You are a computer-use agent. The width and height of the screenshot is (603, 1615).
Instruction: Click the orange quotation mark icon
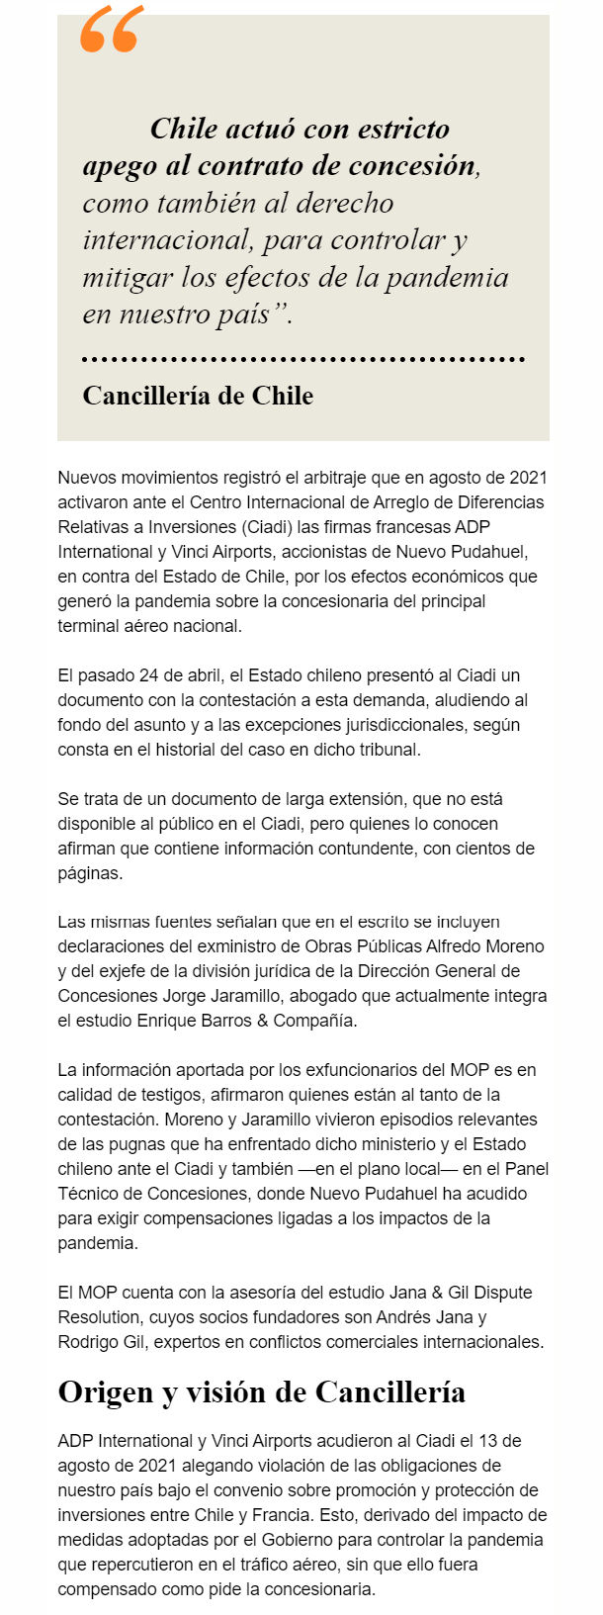[111, 29]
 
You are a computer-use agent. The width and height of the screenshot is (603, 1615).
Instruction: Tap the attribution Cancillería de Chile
[198, 396]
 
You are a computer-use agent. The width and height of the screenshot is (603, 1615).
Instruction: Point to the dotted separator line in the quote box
[302, 359]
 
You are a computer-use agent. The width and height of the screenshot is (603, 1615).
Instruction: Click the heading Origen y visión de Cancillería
[261, 1392]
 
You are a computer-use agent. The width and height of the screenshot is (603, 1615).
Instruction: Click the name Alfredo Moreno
[485, 946]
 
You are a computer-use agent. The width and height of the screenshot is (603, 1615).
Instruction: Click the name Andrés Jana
[436, 1317]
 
